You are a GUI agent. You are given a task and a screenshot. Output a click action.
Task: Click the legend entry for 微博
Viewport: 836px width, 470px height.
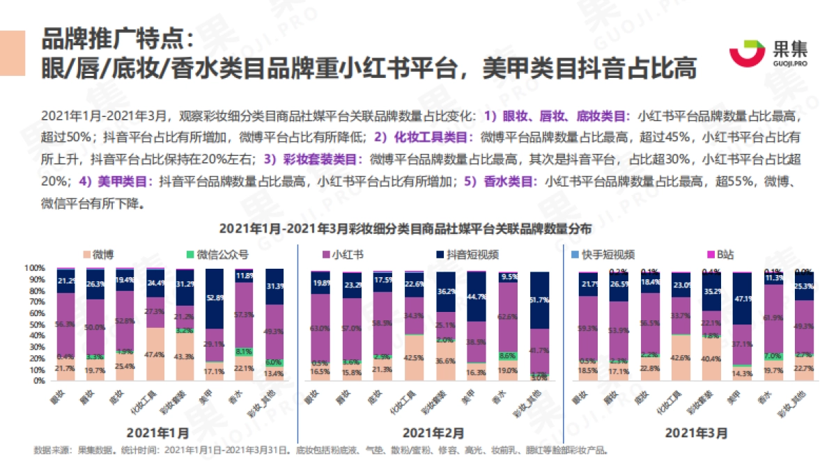pos(99,254)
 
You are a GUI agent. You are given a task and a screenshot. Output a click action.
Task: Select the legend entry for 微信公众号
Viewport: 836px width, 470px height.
pos(217,254)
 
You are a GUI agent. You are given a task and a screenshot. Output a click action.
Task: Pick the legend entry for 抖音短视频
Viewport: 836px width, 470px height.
pos(466,254)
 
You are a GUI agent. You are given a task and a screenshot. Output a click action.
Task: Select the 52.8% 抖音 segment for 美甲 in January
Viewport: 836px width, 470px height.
pos(215,299)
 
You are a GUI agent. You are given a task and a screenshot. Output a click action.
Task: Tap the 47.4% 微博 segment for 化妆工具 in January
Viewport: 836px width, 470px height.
pos(155,354)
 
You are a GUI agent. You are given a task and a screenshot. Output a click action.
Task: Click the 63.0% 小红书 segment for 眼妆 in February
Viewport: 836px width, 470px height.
pos(320,328)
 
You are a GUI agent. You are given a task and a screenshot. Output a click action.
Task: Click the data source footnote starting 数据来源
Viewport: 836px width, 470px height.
pos(320,450)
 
